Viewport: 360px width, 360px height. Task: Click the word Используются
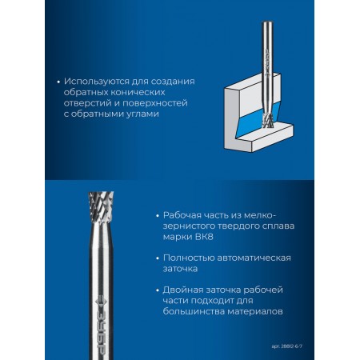[96, 82]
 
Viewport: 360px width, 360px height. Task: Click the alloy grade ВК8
[203, 237]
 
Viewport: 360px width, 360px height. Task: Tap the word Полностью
[188, 258]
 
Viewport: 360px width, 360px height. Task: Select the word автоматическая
[254, 258]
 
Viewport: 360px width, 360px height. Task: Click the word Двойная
[183, 290]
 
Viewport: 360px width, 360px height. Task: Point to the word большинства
[194, 311]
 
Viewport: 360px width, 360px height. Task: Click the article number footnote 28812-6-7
[287, 346]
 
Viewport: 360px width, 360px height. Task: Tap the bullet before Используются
[58, 82]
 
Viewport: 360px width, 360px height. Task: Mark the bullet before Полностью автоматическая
[158, 258]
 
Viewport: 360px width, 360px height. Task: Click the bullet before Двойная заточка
[158, 290]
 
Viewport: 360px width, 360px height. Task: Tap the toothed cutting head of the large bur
[101, 205]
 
